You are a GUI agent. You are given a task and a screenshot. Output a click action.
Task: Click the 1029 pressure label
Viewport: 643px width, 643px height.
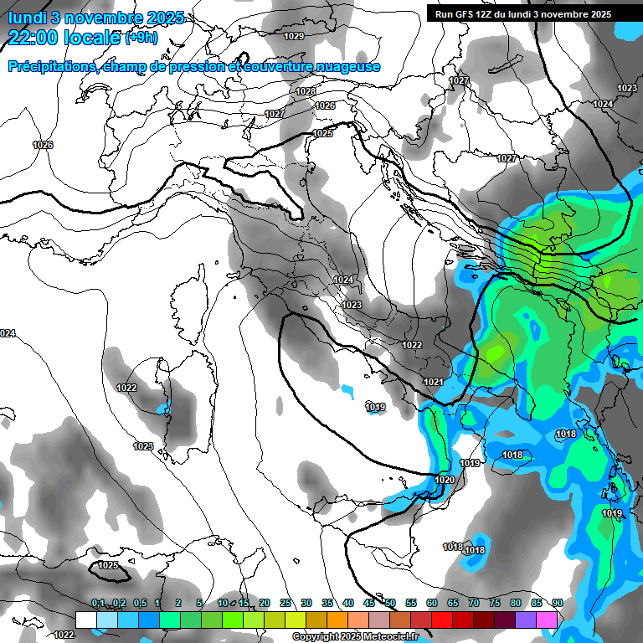point(294,36)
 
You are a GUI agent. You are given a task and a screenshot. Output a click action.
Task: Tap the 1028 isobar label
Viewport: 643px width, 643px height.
point(306,91)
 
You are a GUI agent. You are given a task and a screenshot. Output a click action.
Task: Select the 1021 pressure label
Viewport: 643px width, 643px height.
point(433,382)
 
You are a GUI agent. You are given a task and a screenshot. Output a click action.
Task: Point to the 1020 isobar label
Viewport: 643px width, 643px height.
point(445,480)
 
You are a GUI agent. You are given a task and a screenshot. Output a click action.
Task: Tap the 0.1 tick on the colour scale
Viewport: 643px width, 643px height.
point(98,604)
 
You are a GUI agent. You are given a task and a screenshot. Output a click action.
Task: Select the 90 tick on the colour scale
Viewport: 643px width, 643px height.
point(557,604)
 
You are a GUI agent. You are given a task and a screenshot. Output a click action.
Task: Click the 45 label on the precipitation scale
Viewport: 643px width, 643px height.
point(369,604)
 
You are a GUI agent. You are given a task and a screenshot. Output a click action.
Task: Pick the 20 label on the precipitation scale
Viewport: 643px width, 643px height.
point(265,604)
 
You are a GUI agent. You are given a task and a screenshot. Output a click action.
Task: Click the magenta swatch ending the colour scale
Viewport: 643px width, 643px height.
point(547,619)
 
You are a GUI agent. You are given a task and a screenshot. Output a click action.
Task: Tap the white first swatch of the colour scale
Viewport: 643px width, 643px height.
point(86,619)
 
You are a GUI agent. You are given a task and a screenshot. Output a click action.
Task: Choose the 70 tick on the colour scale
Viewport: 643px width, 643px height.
point(474,604)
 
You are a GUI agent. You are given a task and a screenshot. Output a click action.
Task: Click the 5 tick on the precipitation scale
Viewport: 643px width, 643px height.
point(199,604)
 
